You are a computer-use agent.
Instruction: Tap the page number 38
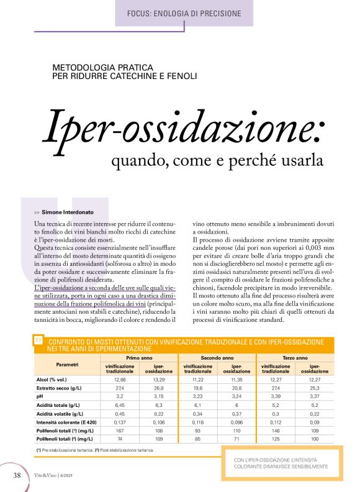(x=17, y=476)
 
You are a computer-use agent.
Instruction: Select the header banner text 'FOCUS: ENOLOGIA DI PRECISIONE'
(x=184, y=14)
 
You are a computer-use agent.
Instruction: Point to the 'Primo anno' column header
(x=141, y=358)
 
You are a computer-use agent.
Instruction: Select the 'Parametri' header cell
(x=67, y=364)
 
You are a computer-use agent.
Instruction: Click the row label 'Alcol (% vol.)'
(x=56, y=378)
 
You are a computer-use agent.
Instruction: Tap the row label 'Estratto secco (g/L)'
(x=62, y=387)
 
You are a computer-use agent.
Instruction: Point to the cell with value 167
(x=120, y=430)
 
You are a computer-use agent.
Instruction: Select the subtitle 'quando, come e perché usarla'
(x=217, y=160)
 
